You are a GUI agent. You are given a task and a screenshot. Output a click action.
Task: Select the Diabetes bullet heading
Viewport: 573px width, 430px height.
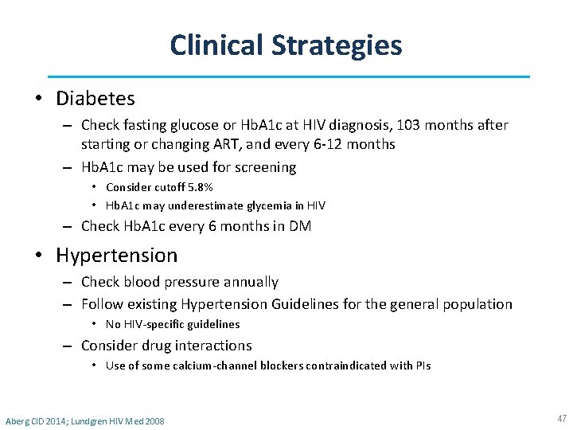click(x=95, y=99)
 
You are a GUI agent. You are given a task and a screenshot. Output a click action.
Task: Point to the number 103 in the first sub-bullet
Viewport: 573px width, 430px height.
click(x=405, y=125)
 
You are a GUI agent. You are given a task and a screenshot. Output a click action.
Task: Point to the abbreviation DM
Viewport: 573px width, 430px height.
click(x=300, y=226)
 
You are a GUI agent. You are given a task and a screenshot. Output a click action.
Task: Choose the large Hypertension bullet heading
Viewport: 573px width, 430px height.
click(x=116, y=256)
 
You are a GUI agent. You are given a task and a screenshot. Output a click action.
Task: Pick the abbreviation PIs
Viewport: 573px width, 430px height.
click(x=423, y=365)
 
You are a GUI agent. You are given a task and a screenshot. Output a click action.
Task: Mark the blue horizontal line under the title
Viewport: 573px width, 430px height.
click(x=287, y=76)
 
